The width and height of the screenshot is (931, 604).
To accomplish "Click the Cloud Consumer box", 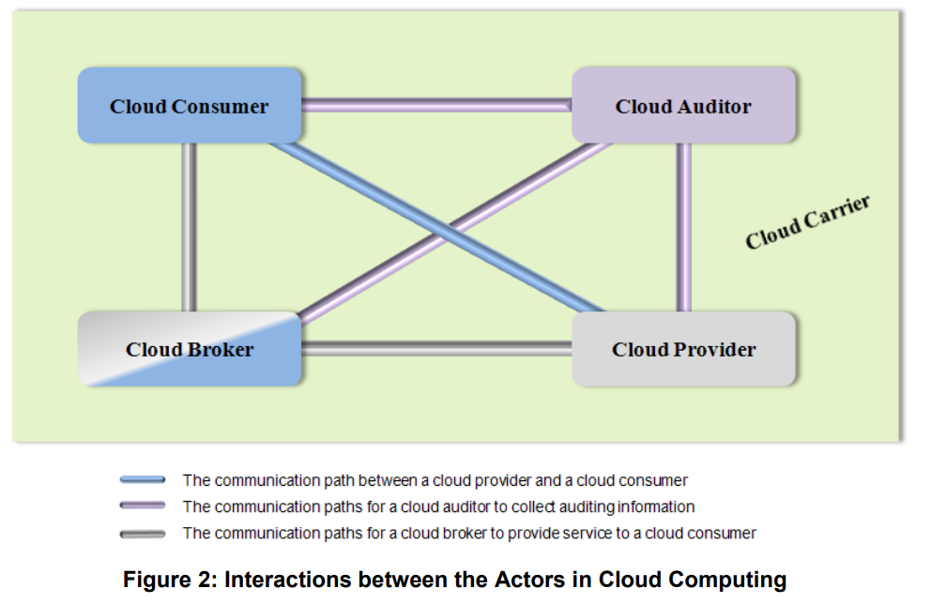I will (189, 106).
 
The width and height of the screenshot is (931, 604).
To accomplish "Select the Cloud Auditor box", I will (683, 106).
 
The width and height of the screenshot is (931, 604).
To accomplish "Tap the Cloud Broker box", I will (189, 350).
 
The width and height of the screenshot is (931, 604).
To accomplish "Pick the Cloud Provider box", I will (683, 350).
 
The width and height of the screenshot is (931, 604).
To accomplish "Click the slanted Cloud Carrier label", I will (808, 223).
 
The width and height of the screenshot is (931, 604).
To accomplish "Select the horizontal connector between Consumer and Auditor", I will (436, 106).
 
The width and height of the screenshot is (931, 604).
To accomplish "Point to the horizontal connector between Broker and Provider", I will (436, 349).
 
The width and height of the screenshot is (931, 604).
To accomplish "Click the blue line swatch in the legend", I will (143, 480).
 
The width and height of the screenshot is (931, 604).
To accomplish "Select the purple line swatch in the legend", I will (143, 506).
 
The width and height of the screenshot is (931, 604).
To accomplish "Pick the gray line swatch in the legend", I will (143, 534).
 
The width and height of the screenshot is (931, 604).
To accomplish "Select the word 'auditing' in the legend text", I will (550, 507).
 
